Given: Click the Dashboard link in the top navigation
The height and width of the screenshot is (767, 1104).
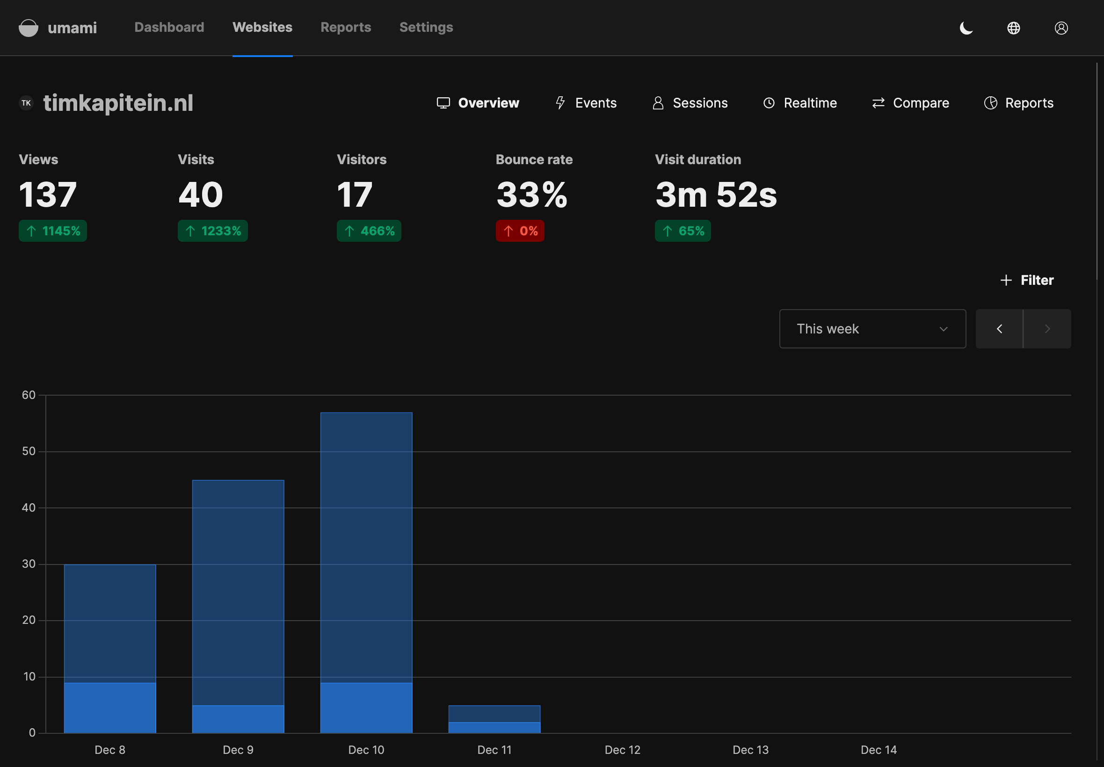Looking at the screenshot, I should click(x=169, y=28).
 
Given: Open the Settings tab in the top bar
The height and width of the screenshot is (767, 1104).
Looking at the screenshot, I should click(x=426, y=28).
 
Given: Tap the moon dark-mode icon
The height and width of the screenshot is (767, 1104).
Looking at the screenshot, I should click(x=966, y=28).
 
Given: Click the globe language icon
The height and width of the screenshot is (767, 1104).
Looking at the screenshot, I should click(x=1014, y=28).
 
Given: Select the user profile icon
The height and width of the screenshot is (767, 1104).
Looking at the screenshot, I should click(x=1061, y=28).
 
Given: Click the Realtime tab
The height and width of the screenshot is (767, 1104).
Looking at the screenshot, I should click(x=800, y=103).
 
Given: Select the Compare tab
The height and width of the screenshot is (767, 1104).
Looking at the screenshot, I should click(x=910, y=103).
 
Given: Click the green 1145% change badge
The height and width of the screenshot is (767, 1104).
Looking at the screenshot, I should click(x=53, y=231).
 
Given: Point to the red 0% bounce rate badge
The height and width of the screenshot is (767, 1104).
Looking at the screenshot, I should click(x=520, y=231).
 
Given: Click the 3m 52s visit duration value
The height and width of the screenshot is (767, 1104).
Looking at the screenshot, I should click(x=716, y=195).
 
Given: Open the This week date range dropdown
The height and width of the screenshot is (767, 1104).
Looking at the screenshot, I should click(x=872, y=329).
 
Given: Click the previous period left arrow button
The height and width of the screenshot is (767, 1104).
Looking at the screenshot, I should click(x=999, y=329).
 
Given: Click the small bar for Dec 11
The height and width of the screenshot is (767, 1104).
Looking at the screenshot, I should click(x=494, y=719).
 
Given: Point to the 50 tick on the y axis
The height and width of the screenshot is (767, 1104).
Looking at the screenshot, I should click(x=29, y=451).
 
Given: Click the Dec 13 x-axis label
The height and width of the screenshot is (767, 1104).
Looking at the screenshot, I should click(x=750, y=750).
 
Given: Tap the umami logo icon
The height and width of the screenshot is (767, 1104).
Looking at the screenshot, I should click(x=29, y=28).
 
